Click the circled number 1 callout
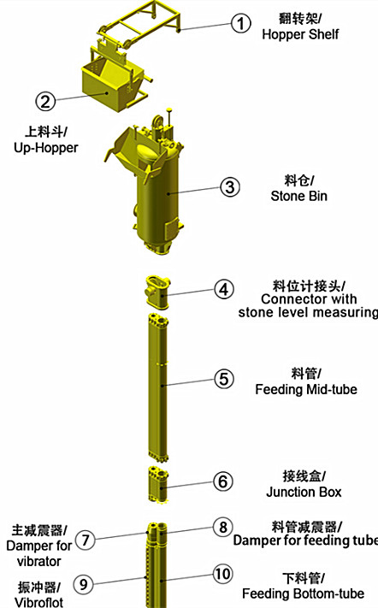[x=241, y=23]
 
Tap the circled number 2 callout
[x=45, y=101]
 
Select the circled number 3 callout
[x=230, y=187]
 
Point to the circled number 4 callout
[x=224, y=289]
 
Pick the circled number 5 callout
[x=224, y=379]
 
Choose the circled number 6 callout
[x=223, y=481]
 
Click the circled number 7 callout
[x=86, y=540]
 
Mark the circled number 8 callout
[x=223, y=528]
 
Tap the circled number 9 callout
[x=83, y=583]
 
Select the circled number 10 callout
[x=223, y=575]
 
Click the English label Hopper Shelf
[x=300, y=34]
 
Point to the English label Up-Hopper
[x=45, y=148]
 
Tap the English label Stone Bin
[x=299, y=196]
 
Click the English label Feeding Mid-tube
[x=306, y=389]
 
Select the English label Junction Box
[x=304, y=492]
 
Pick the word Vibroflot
[x=38, y=602]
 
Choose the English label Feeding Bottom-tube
[x=304, y=593]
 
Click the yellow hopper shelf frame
[x=139, y=22]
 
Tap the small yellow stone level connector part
[x=157, y=292]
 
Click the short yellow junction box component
[x=158, y=485]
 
